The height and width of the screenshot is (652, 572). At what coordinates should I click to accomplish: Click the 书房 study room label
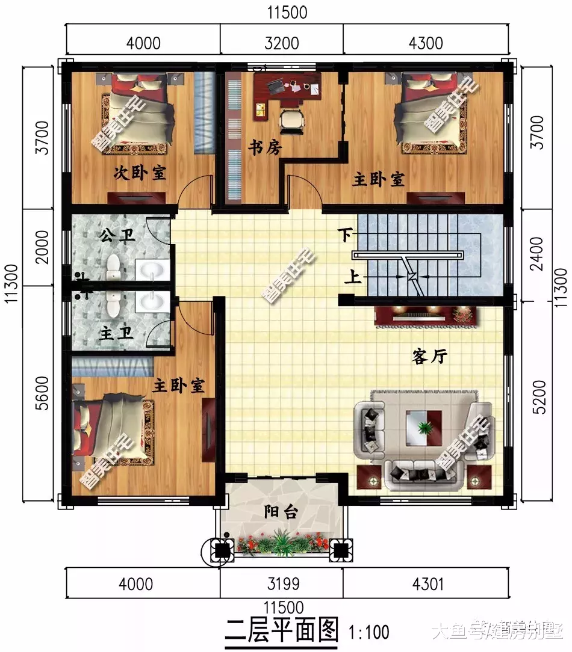tap(265, 147)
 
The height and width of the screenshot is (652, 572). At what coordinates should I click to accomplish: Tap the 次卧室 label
tap(140, 173)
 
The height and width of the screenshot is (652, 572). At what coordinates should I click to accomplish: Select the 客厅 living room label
tap(429, 357)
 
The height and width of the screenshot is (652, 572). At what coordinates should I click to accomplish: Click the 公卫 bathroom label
tap(114, 236)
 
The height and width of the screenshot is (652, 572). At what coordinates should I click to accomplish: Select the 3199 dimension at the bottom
tap(281, 583)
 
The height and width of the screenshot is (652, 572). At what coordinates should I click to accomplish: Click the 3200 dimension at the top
tap(281, 43)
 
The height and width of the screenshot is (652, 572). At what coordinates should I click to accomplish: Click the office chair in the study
tap(293, 120)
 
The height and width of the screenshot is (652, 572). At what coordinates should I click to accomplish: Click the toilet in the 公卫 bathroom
tap(113, 267)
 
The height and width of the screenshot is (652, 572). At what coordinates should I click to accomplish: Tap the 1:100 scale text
tap(369, 632)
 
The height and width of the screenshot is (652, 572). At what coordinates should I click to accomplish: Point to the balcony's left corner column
tap(222, 549)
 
